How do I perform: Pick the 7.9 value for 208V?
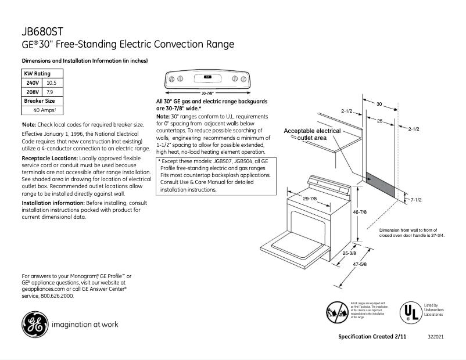tap(50, 92)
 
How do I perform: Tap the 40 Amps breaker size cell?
tap(44, 110)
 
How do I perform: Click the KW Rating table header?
tap(37, 74)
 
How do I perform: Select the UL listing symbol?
tap(409, 311)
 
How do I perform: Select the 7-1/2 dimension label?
tap(416, 200)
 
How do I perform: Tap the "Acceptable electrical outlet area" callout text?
tap(312, 135)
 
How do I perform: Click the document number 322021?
tap(435, 337)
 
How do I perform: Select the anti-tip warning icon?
tap(336, 312)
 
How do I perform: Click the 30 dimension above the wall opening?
tap(379, 105)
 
